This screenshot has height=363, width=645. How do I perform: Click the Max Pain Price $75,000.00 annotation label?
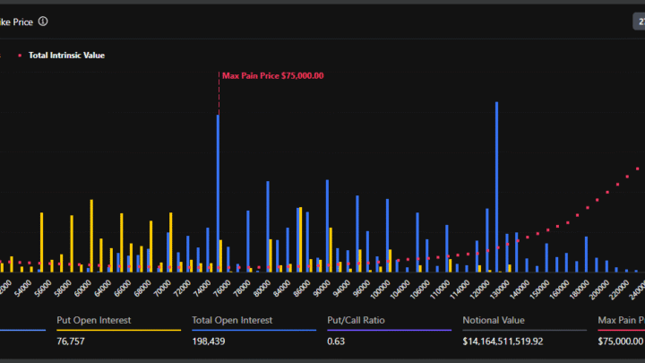click(272, 76)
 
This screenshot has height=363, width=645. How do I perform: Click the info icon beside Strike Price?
click(43, 21)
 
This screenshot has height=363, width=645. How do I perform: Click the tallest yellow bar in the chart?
click(90, 235)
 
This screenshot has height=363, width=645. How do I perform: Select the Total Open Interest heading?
click(232, 320)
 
